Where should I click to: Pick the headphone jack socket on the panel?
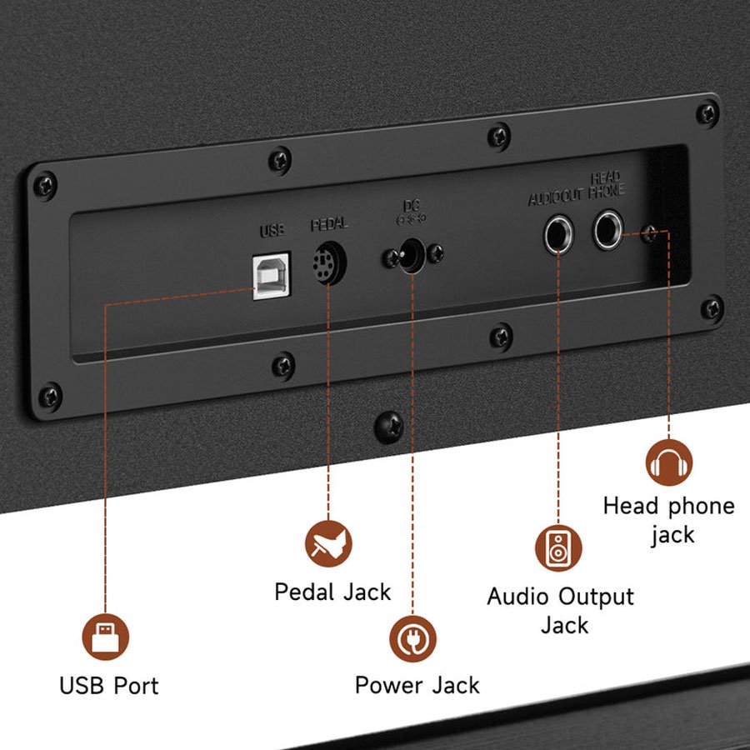click(x=608, y=229)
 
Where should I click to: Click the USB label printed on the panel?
click(x=272, y=230)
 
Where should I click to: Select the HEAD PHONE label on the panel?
click(x=606, y=184)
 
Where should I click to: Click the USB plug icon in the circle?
click(x=105, y=637)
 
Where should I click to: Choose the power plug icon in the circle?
click(x=413, y=637)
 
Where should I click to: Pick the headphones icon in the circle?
click(x=669, y=462)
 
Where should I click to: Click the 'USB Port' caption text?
click(x=108, y=686)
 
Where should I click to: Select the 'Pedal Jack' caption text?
click(x=332, y=592)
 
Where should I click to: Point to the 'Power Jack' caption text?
click(x=417, y=685)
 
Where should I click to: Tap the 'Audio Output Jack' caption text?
click(x=561, y=610)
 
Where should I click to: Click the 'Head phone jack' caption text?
click(x=669, y=519)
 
